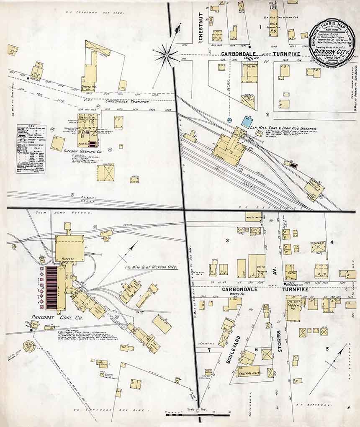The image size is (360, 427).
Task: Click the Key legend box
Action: click(31, 149)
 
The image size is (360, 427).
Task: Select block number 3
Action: click(227, 240)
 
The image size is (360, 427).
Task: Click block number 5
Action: click(327, 348)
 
